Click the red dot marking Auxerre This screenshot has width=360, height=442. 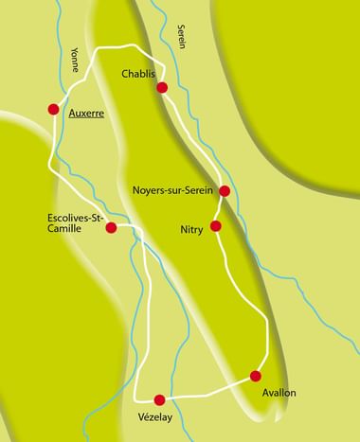pyautogui.click(x=53, y=109)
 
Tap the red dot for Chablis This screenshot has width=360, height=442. pyautogui.click(x=162, y=87)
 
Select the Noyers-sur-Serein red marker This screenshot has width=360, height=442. pyautogui.click(x=225, y=190)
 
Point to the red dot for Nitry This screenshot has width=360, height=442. pyautogui.click(x=216, y=225)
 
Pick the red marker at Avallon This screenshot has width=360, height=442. pyautogui.click(x=255, y=376)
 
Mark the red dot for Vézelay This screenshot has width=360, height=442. pyautogui.click(x=159, y=398)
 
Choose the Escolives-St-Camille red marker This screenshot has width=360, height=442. pyautogui.click(x=111, y=227)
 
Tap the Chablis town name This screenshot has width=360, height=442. pyautogui.click(x=141, y=74)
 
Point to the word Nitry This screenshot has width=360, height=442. pyautogui.click(x=192, y=230)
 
